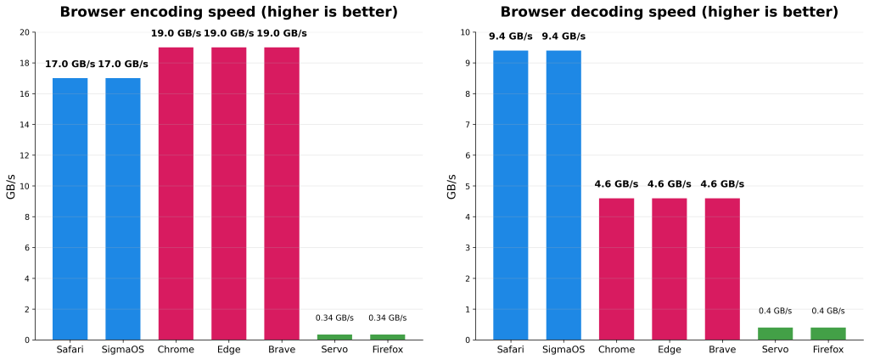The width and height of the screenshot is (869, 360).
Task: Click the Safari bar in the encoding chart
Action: point(70,209)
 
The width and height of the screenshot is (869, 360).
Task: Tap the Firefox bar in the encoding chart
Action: point(387,337)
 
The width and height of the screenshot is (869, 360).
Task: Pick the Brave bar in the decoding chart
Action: point(722,268)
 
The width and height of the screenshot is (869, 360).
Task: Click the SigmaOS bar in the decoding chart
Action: point(563,195)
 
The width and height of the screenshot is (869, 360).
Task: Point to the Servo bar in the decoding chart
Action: point(775,334)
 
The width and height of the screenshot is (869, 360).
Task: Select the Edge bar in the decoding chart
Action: point(670,268)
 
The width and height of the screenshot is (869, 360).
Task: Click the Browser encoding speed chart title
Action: point(228,12)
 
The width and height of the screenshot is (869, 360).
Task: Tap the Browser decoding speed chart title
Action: point(669,12)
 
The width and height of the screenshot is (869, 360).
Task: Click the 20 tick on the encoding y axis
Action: point(25,32)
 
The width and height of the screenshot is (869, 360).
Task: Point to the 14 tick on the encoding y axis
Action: point(25,125)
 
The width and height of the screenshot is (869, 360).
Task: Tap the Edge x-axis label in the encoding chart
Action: point(228,349)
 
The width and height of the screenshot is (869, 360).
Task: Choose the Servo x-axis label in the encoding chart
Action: point(334,349)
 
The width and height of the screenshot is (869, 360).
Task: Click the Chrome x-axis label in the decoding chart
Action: point(616,349)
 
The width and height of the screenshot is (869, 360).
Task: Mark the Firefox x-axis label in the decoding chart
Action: point(827,349)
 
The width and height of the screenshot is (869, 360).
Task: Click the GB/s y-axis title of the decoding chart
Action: point(452,186)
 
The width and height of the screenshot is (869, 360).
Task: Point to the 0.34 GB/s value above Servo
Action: point(334,318)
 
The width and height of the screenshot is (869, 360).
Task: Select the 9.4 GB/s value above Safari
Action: point(511,37)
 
